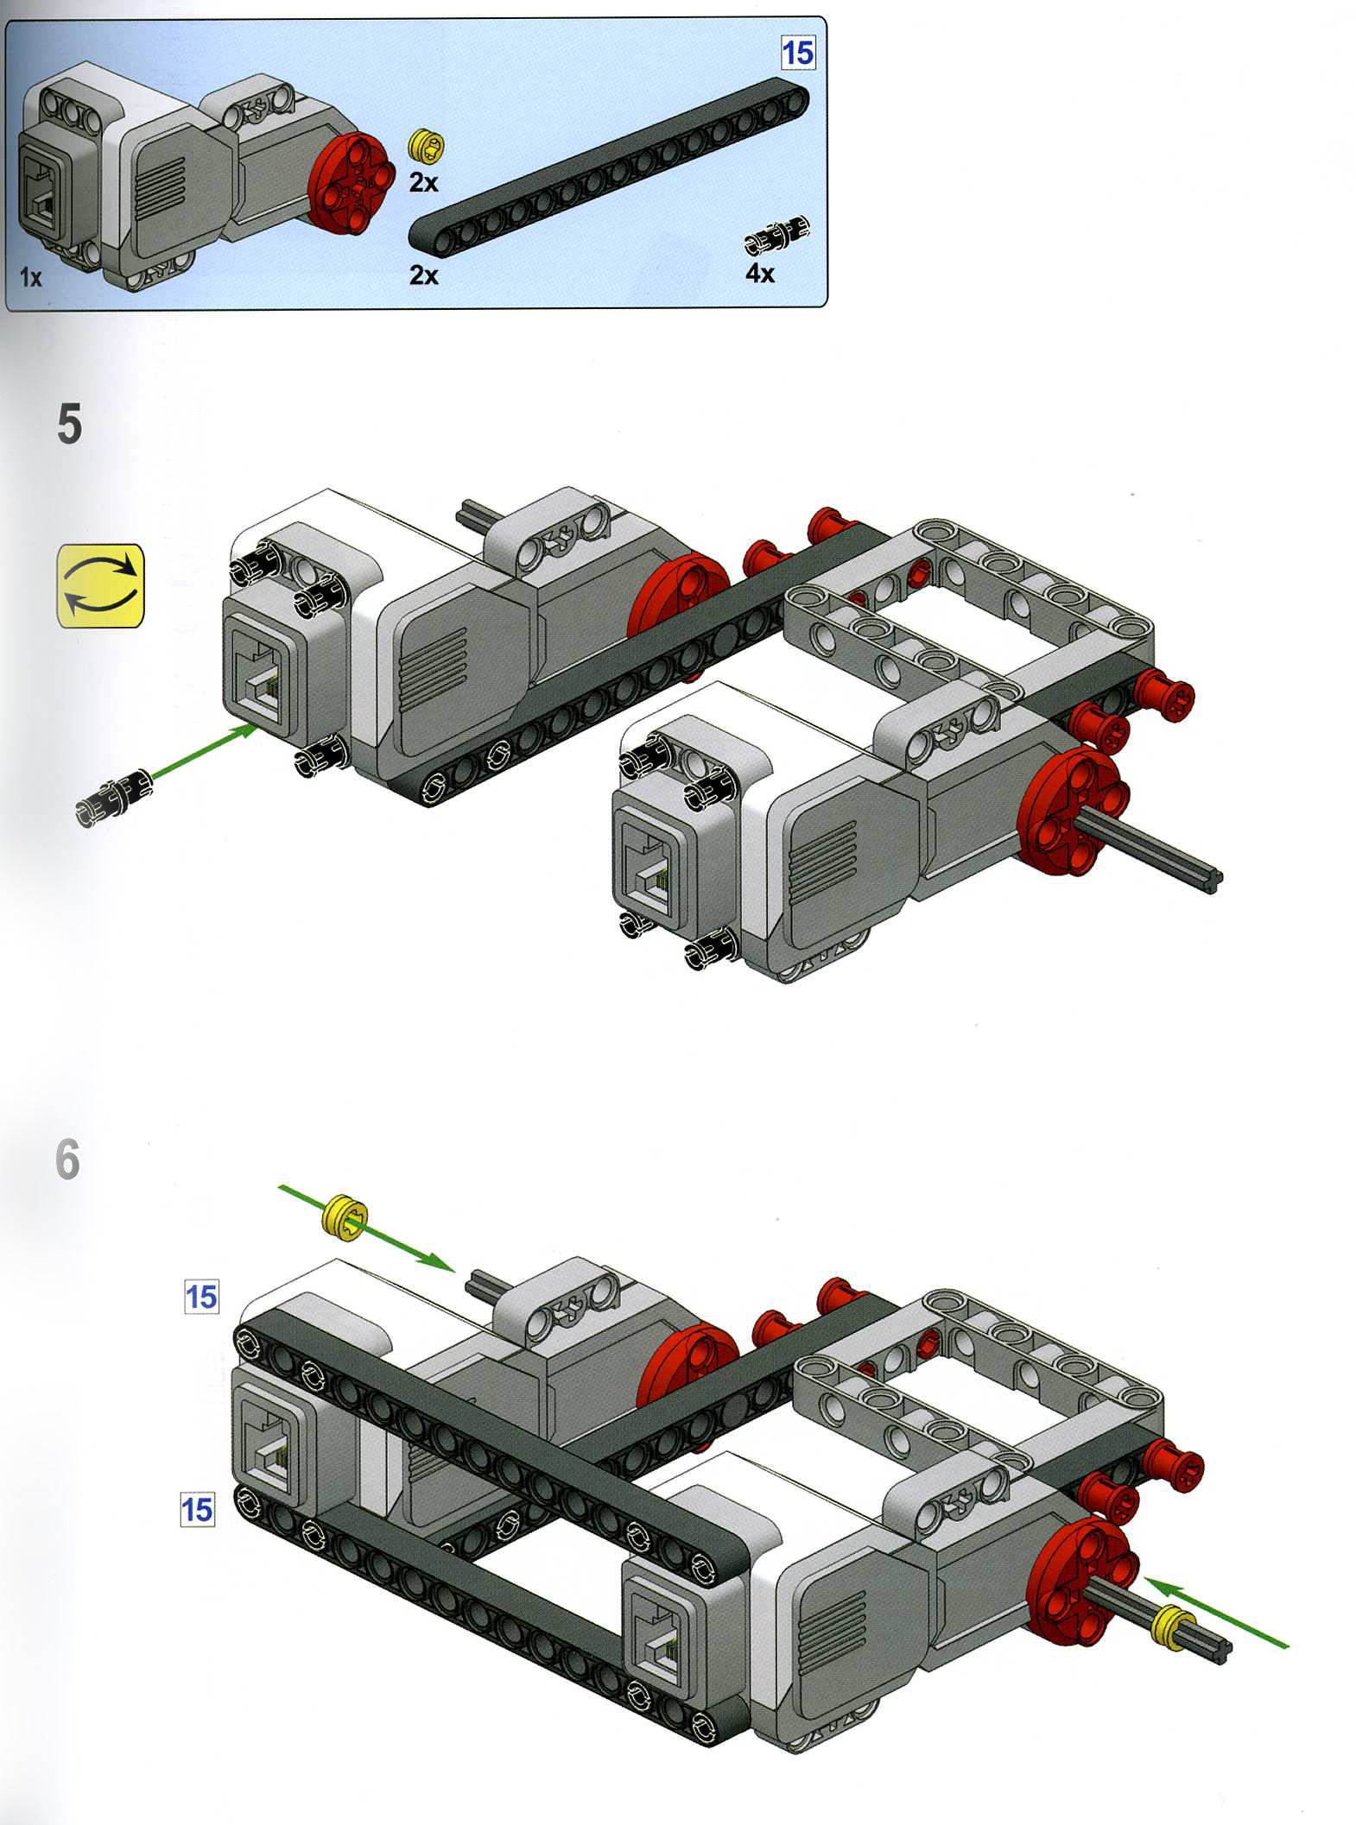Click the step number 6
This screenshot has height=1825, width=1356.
(67, 1159)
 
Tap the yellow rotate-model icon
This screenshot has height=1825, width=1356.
(100, 585)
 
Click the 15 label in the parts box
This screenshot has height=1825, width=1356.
(797, 54)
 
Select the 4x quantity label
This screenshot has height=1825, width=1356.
(760, 274)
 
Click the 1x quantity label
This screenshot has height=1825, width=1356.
(31, 277)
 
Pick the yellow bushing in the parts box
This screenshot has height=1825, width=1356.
(428, 146)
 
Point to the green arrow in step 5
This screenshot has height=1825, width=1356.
(205, 754)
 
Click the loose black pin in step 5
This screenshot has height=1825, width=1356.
(114, 799)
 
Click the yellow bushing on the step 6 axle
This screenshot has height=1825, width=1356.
(1172, 1627)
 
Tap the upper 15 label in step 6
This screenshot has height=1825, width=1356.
(201, 1298)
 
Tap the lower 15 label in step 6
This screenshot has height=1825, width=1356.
(197, 1510)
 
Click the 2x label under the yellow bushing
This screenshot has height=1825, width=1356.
(424, 182)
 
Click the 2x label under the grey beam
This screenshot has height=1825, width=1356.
(424, 275)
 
